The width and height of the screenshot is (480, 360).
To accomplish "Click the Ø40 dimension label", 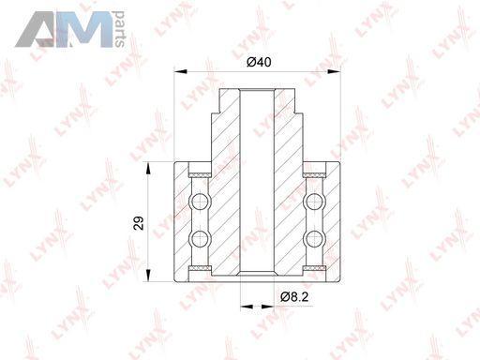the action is pos(259,62).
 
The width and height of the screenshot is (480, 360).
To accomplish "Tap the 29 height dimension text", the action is pos(139,223).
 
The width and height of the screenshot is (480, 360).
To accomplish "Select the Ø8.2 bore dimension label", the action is pos(294,296).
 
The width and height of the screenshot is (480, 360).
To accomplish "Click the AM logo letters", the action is pos(64,29).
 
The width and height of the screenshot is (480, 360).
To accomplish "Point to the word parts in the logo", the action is pos(120,29).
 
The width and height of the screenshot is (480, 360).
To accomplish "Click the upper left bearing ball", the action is pos(200,202).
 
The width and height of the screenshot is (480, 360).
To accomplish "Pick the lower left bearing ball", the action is pos(200,239).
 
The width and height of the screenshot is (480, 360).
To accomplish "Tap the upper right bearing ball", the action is pos(314,202).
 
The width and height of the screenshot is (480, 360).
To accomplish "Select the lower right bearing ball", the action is pos(314,239).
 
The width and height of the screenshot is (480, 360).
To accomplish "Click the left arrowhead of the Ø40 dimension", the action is pos(180,72).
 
